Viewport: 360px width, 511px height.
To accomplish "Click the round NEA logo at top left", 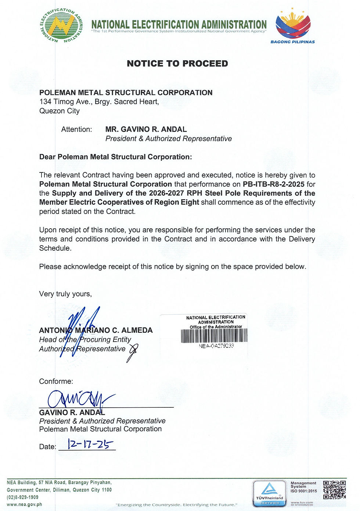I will click(x=61, y=25).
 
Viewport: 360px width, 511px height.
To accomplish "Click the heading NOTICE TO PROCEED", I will click(x=177, y=64).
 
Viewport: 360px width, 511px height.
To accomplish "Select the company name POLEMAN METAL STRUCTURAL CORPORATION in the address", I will click(x=126, y=93).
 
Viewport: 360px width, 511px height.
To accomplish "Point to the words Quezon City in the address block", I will click(x=60, y=111).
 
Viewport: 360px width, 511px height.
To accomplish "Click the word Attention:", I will click(x=76, y=129).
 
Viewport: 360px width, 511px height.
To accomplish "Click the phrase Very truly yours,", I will click(x=65, y=294).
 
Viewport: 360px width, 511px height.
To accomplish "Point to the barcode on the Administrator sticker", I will click(x=214, y=335).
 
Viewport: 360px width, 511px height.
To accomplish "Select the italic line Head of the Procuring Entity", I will click(x=85, y=340).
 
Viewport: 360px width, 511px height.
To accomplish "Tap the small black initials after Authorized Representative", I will click(x=133, y=351).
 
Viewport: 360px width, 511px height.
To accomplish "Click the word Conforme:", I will click(x=56, y=382).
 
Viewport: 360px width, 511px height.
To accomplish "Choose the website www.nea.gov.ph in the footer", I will click(x=24, y=504).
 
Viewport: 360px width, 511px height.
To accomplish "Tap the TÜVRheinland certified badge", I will click(x=269, y=493).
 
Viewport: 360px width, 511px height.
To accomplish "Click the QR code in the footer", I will click(x=334, y=490).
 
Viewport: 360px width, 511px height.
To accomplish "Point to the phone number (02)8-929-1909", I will click(x=23, y=497).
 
